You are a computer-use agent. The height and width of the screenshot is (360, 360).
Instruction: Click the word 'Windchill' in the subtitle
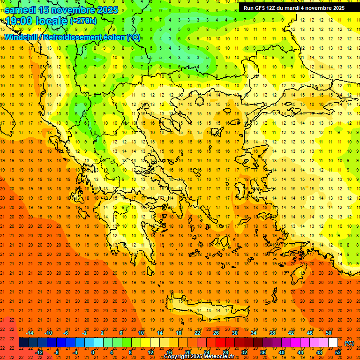[x=21, y=37]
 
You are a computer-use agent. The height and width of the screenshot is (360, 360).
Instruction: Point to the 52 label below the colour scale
[x=338, y=352]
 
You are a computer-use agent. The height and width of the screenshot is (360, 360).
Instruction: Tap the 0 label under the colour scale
[x=93, y=352]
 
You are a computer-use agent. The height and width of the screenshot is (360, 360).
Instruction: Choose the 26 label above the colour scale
[x=216, y=333]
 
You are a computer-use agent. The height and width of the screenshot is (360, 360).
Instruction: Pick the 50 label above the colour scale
[x=328, y=333]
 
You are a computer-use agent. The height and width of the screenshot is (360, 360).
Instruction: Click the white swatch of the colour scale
[x=333, y=343]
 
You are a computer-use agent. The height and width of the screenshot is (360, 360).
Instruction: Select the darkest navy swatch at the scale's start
[x=23, y=343]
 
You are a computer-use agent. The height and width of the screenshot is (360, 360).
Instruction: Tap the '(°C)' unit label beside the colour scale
[x=349, y=343]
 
